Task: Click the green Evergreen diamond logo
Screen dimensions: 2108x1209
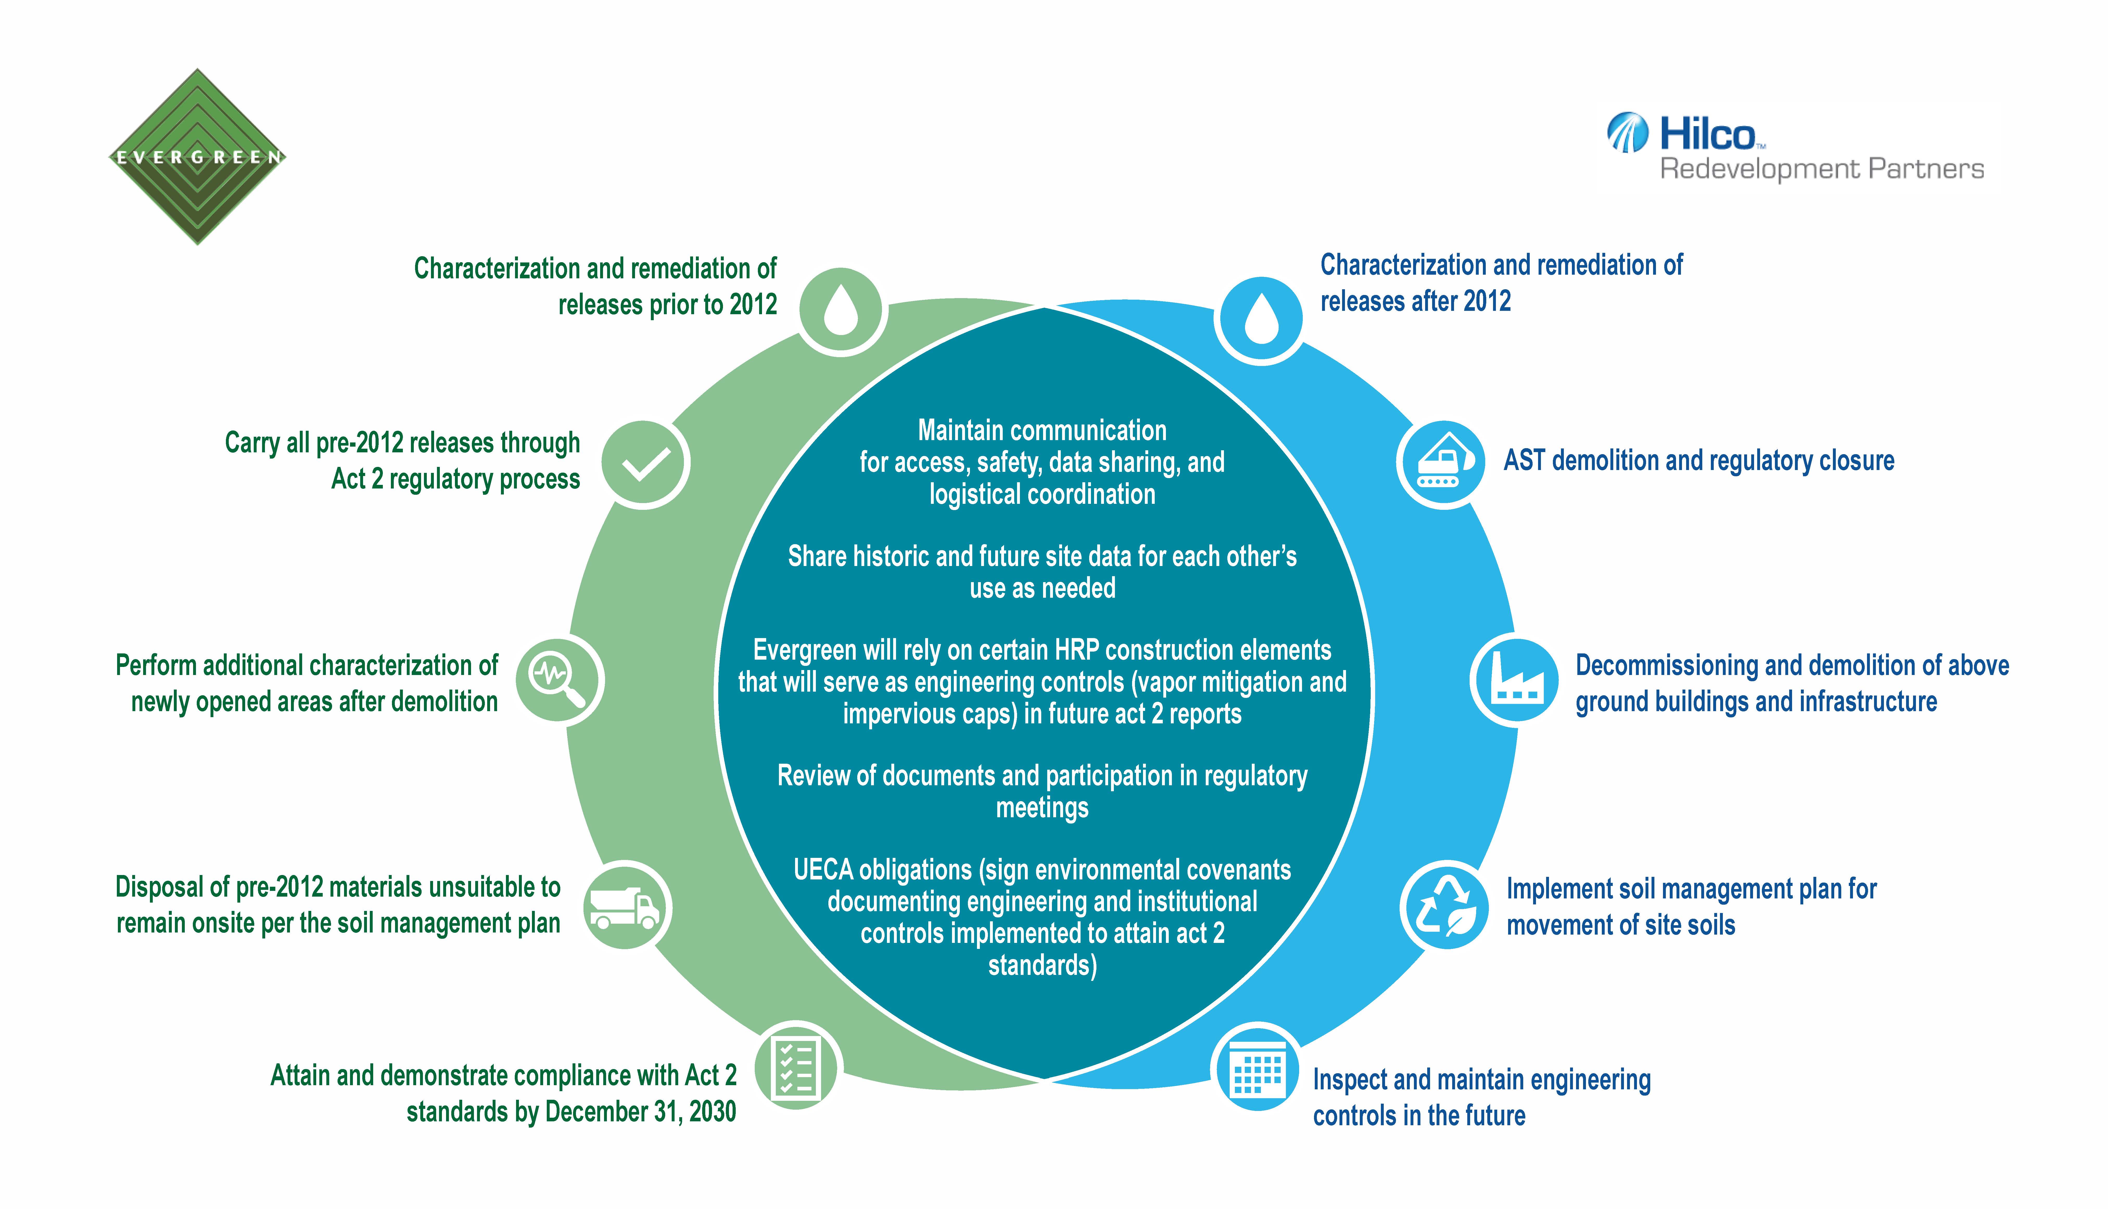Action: pos(198,157)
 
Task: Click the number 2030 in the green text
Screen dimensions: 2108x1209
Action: pos(712,1111)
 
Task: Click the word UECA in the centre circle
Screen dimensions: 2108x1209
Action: pos(822,869)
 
